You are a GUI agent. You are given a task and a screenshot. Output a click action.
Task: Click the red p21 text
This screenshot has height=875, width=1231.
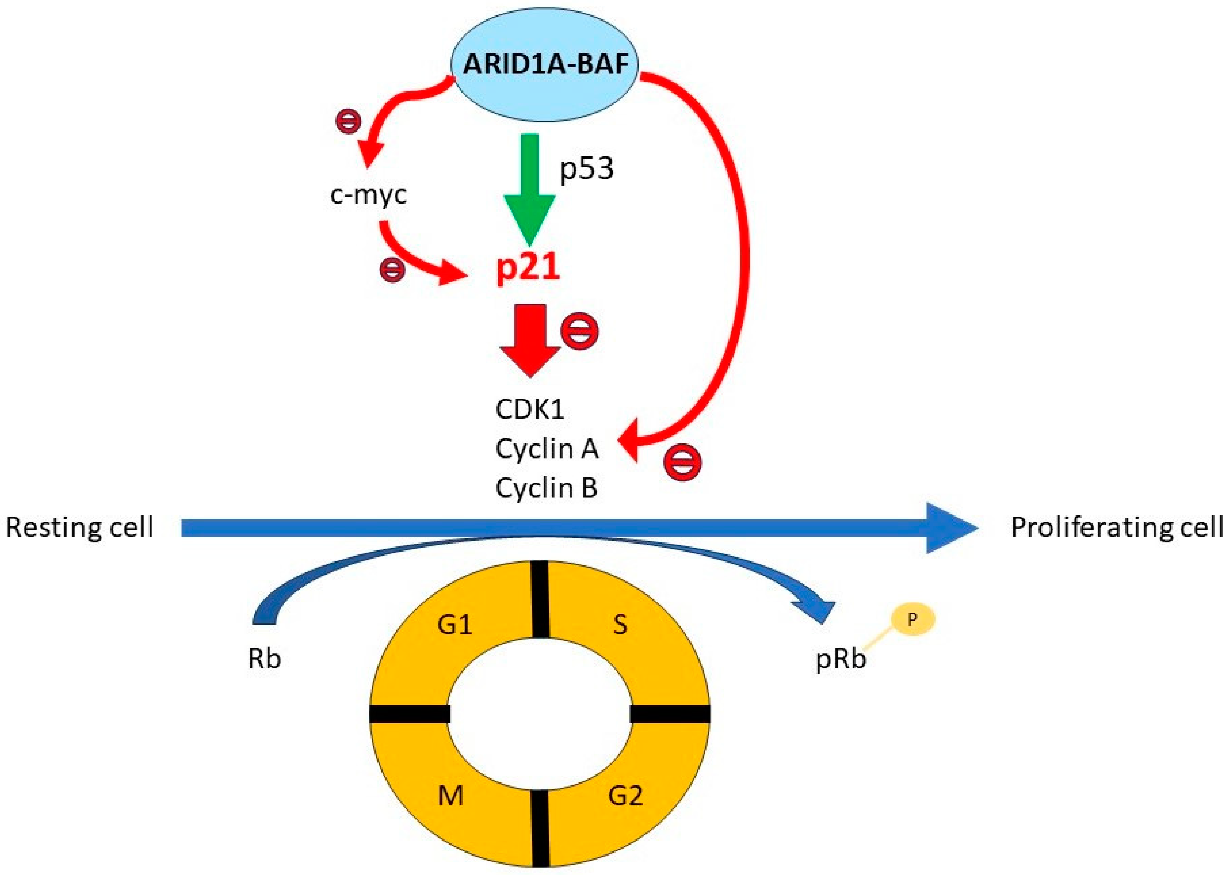coord(528,268)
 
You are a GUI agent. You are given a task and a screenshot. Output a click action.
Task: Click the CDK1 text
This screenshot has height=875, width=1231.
coord(530,410)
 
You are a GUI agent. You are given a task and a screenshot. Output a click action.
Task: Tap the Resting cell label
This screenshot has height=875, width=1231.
coord(80,527)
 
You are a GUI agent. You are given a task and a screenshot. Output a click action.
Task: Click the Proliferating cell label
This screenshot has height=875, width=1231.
coord(1116,527)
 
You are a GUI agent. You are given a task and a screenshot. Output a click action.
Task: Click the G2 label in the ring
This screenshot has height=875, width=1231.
coord(625,795)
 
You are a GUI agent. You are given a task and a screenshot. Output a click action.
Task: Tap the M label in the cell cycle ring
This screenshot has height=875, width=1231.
coord(450,796)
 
